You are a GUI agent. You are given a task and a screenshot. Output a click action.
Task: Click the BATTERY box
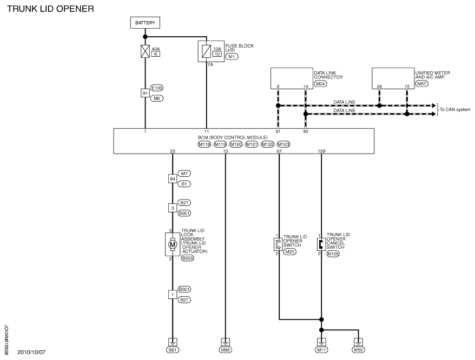point(145,23)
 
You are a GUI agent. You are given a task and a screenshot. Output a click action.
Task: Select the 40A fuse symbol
point(145,51)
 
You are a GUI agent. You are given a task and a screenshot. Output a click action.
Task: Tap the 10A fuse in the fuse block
point(206,51)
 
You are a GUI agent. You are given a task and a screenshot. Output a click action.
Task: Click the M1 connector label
point(232,57)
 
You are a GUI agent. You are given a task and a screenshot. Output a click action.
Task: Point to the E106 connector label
point(156,88)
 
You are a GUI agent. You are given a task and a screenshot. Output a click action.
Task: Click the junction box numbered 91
point(145,93)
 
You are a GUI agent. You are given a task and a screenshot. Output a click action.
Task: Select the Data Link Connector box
point(292,78)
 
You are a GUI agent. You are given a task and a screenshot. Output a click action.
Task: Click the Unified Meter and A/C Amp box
point(393,78)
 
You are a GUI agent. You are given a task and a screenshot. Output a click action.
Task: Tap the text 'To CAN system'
point(455,110)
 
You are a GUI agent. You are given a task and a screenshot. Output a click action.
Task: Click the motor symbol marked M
point(173,244)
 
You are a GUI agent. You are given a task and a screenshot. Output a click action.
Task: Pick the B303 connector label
point(188,258)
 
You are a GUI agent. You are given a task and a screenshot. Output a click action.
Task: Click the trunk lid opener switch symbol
point(278,244)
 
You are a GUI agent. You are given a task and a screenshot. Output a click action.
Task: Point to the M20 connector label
point(289,251)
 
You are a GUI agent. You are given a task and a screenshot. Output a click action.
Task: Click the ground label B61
point(173,350)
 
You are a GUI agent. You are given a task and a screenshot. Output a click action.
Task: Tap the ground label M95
point(225,350)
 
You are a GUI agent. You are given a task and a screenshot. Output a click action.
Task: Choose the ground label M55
point(358,350)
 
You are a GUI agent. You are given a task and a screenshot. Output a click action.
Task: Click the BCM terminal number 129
point(321,151)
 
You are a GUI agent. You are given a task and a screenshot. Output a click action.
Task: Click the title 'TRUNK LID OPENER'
point(51,9)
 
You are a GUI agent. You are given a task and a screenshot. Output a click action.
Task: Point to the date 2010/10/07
point(31,352)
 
